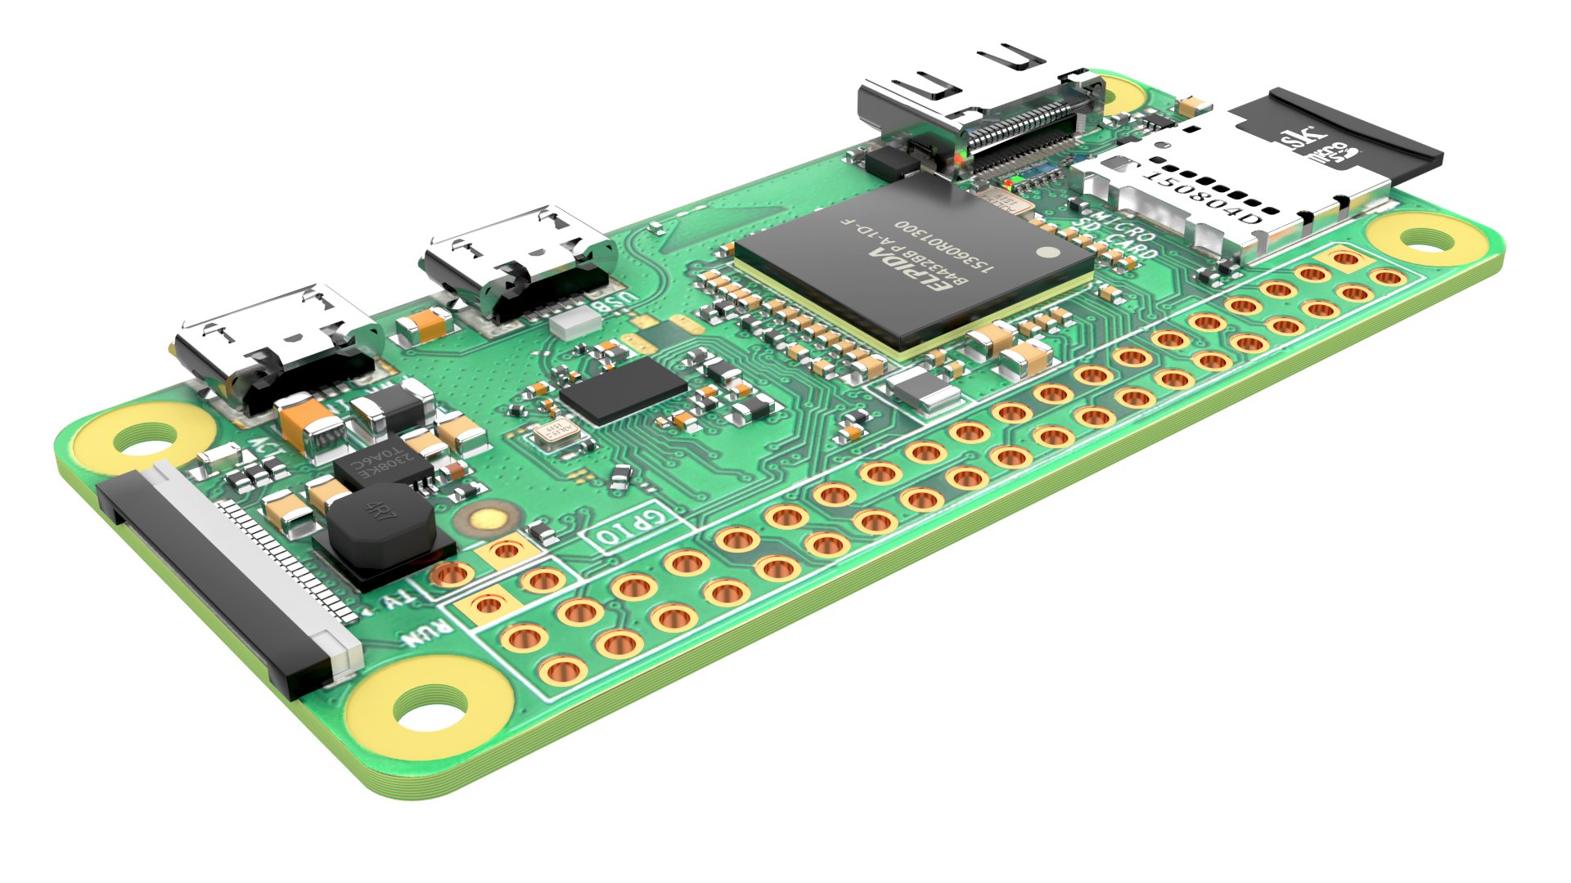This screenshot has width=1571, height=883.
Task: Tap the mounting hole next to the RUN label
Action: (x=430, y=708)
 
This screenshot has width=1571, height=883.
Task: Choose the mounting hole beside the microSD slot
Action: (x=1427, y=240)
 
